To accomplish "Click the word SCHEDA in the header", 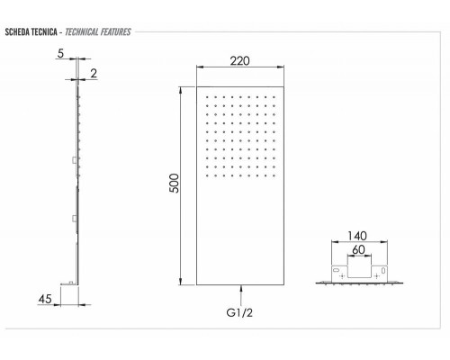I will point(20,32).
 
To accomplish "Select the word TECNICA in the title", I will point(51,32).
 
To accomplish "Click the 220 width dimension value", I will point(239,62).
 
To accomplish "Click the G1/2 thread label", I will point(240,315).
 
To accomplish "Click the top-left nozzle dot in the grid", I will point(207,97).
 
